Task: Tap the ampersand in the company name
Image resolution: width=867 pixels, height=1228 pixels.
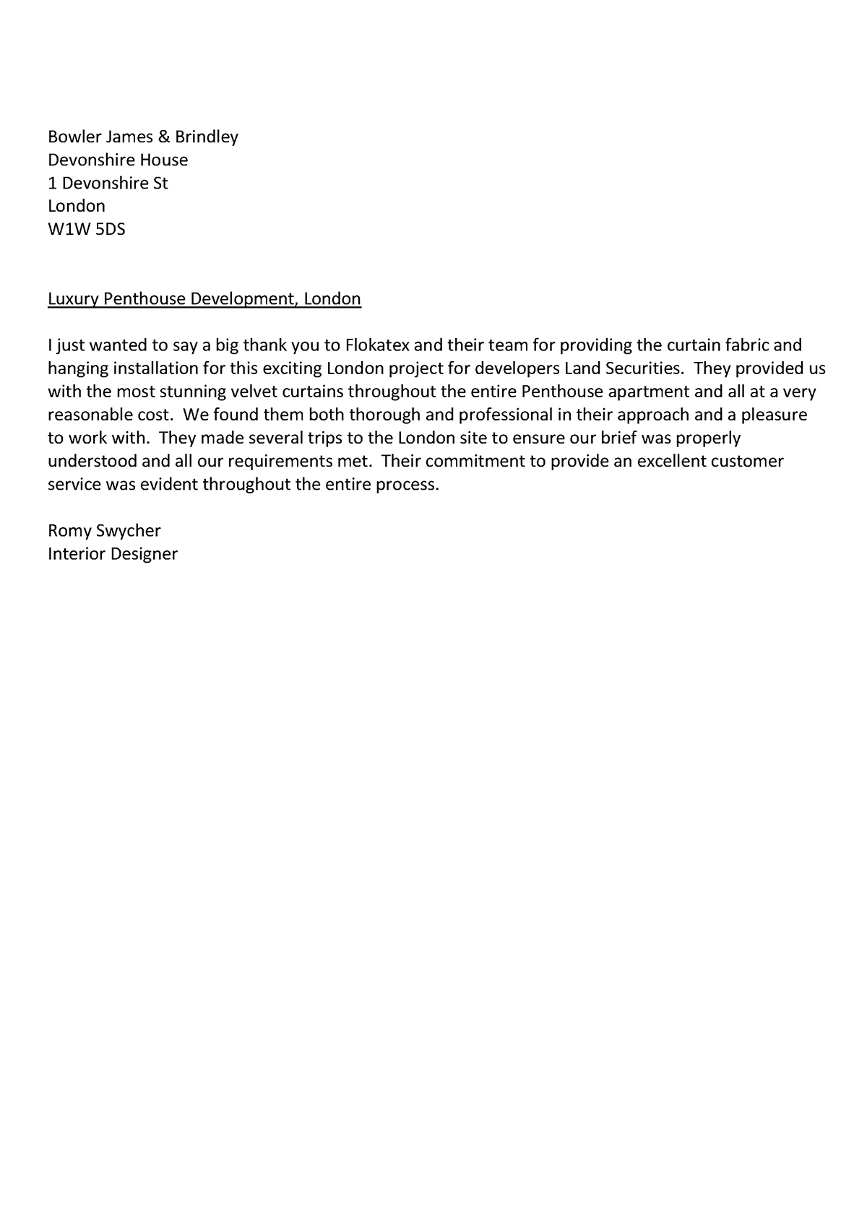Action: coord(163,137)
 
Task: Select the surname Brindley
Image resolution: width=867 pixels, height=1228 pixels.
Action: coord(207,137)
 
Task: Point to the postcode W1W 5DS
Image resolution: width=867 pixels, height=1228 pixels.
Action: coord(87,229)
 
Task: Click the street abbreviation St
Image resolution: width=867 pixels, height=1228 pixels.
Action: coord(160,183)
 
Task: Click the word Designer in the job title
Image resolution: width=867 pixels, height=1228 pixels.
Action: coord(142,554)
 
